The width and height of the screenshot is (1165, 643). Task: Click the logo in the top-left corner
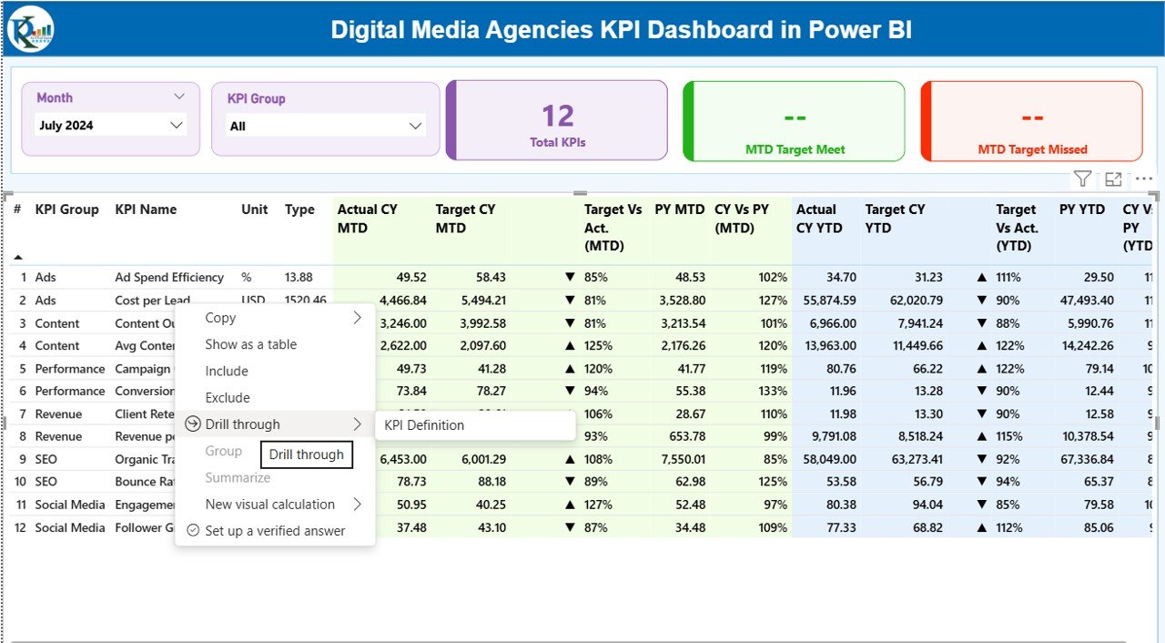point(31,29)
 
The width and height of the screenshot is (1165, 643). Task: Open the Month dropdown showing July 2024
point(111,126)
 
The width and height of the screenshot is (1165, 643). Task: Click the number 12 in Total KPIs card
point(557,117)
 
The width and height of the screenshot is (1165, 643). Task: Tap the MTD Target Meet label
point(795,149)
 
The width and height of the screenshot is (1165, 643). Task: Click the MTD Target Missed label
point(1032,149)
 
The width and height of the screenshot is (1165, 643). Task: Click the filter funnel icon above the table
point(1081,179)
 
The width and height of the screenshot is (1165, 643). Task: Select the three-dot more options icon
point(1144,179)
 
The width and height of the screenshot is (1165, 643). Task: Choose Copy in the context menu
point(220,318)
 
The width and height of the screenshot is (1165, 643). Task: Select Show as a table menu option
point(250,344)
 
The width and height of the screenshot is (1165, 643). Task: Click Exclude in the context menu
point(227,397)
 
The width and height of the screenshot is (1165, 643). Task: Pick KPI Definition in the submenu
point(424,425)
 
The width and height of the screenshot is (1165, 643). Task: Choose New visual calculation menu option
point(269,505)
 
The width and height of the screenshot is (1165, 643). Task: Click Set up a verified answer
point(275,531)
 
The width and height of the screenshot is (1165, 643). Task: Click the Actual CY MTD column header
point(368,219)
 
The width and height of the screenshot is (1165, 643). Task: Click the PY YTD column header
point(1081,209)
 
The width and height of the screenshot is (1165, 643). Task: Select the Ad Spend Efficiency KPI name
point(169,278)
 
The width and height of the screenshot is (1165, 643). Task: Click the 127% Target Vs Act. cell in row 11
point(598,505)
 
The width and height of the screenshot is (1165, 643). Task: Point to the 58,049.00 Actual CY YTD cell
point(825,459)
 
